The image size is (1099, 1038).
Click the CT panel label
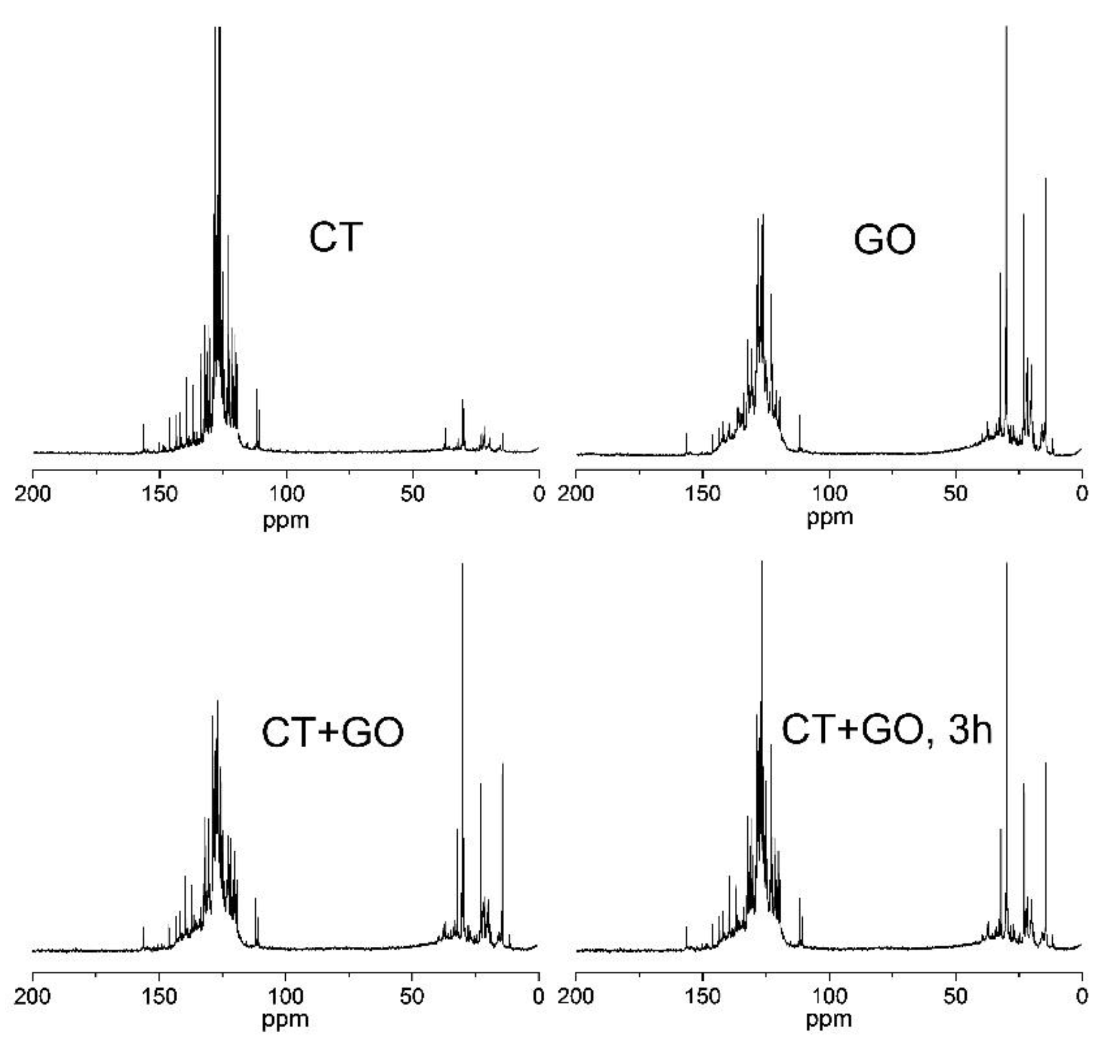pyautogui.click(x=335, y=237)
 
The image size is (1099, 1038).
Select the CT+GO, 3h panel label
pyautogui.click(x=886, y=729)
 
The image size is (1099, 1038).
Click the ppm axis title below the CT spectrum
pyautogui.click(x=286, y=520)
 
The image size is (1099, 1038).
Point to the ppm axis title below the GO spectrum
pyautogui.click(x=830, y=518)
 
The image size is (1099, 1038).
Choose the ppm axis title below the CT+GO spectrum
pyautogui.click(x=286, y=1019)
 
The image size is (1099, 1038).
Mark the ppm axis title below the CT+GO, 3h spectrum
pyautogui.click(x=830, y=1019)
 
